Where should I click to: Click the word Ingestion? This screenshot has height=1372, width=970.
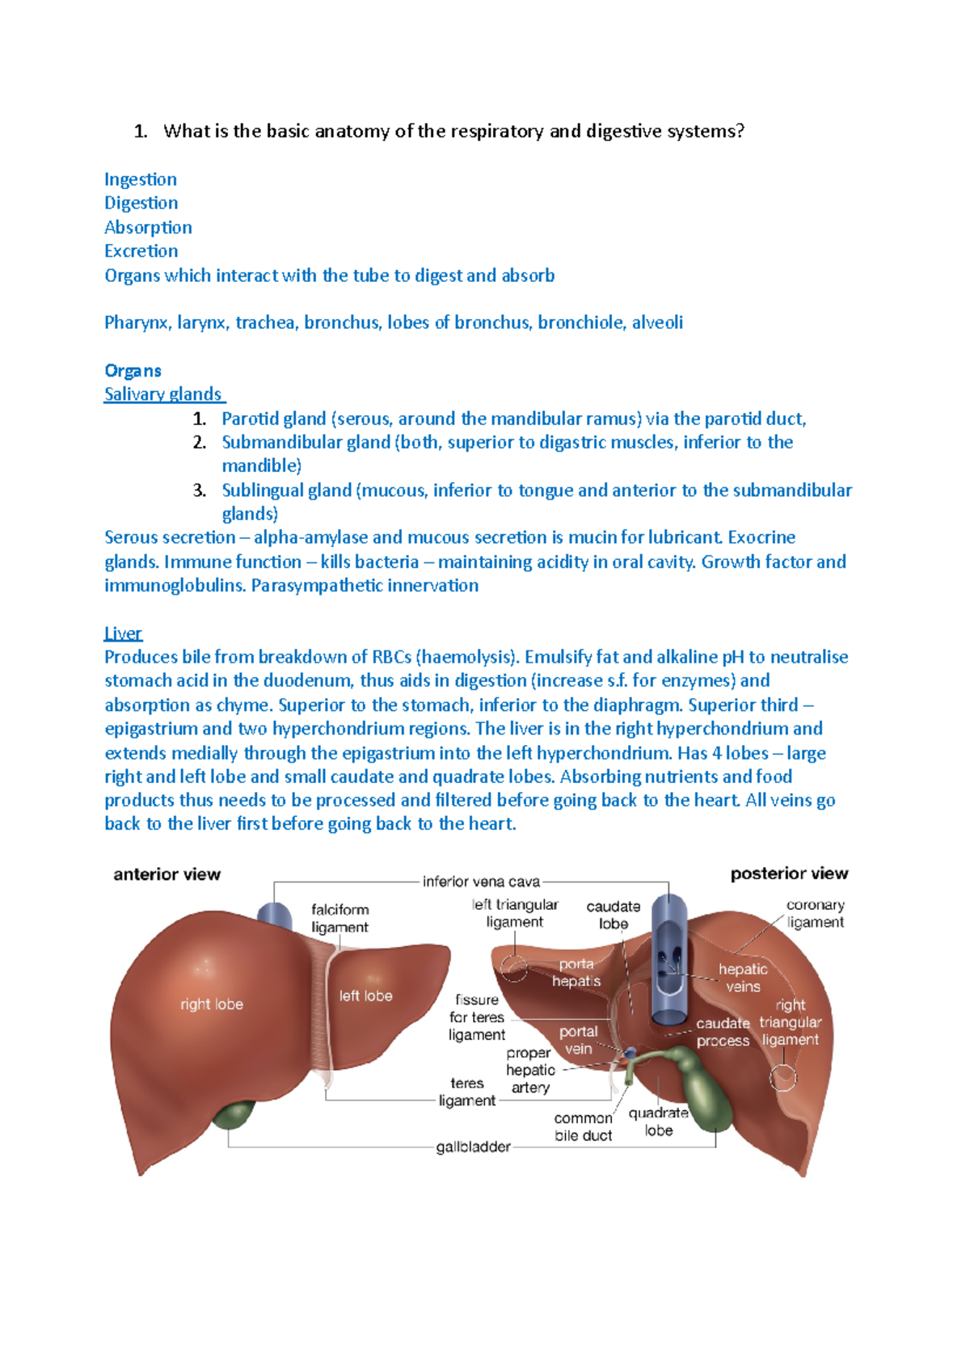tap(140, 179)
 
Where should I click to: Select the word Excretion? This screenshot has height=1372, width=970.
tap(141, 251)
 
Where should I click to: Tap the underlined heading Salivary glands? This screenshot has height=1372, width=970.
tap(163, 394)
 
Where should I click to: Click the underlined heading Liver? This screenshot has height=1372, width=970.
tap(123, 633)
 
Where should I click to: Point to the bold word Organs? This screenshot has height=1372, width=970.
tap(133, 371)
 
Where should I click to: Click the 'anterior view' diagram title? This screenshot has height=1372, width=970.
tap(167, 874)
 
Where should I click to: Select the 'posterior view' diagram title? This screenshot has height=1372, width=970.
tap(789, 873)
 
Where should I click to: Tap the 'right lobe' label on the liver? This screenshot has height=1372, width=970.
tap(212, 1004)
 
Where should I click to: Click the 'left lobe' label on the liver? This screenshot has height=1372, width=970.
tap(365, 996)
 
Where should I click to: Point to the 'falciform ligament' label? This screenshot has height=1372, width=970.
tap(339, 919)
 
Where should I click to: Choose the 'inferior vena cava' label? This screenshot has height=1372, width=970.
tap(481, 882)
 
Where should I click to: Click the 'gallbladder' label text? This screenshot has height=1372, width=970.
tap(473, 1147)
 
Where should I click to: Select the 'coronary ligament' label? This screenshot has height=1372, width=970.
tap(815, 914)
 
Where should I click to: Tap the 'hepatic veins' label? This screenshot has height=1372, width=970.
tap(743, 978)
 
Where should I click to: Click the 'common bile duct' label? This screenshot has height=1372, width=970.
tap(583, 1127)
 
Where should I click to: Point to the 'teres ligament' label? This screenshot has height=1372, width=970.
tap(467, 1092)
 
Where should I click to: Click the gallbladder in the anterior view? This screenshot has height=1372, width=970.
tap(234, 1115)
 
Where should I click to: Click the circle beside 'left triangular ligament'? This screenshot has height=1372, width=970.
tap(514, 967)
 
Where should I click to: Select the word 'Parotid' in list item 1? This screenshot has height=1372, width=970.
tap(249, 419)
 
